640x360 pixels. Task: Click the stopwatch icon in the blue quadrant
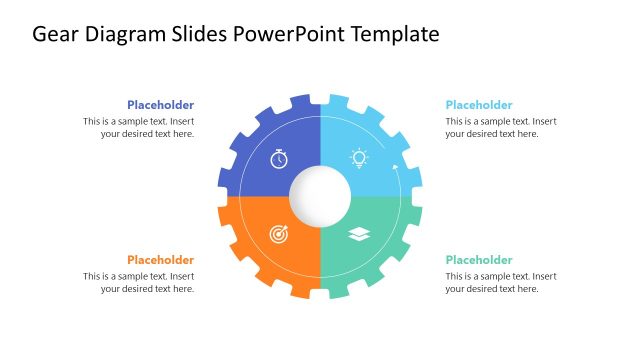279,158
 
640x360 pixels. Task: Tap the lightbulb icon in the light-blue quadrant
359,157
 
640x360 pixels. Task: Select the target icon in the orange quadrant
279,234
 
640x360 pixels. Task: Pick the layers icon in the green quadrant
359,234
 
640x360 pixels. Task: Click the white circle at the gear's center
320,195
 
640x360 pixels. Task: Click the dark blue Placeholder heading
160,105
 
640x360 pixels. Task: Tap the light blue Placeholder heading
479,105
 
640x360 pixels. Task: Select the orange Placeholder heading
160,260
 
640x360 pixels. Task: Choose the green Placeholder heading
479,260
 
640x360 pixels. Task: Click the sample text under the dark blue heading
139,128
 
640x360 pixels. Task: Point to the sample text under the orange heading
139,283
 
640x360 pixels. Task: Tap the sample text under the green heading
501,283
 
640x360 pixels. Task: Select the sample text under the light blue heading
501,128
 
